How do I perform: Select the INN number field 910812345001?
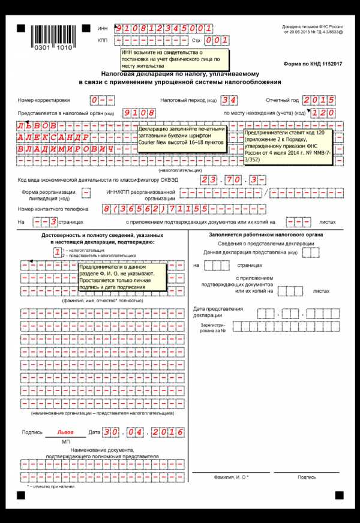(163, 28)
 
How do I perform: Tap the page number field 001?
(217, 40)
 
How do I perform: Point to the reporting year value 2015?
(319, 100)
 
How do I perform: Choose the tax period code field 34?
(229, 100)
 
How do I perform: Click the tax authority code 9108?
(139, 113)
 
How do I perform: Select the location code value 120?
(323, 113)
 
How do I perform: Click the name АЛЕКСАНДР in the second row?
(54, 137)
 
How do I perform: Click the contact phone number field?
(184, 209)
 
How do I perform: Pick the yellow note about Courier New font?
(182, 136)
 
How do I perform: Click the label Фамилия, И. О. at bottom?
(231, 477)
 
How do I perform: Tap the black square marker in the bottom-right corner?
(339, 495)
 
